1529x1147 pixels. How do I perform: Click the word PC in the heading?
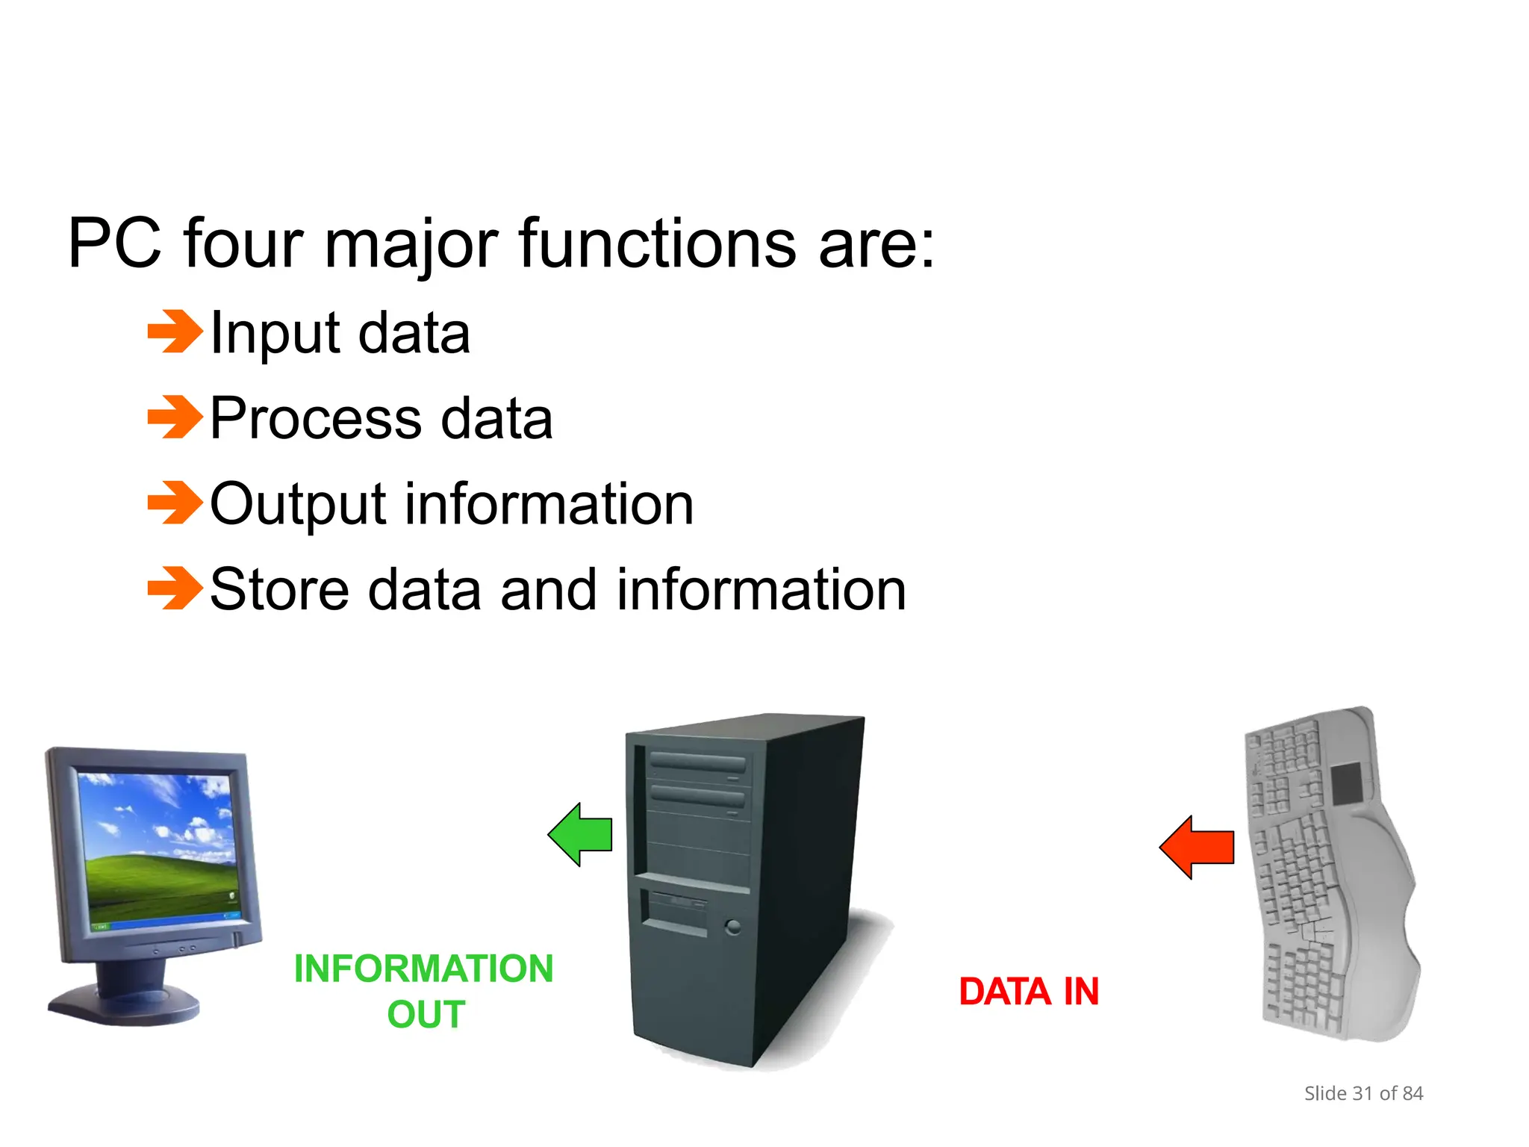coord(114,243)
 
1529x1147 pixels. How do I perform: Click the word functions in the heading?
coord(657,243)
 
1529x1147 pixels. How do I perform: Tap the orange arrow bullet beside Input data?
coord(175,331)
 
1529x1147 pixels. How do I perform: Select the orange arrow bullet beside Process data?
coord(175,417)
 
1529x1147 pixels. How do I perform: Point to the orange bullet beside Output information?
coord(175,503)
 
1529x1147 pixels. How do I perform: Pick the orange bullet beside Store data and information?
coord(175,588)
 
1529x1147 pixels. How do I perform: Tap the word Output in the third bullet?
coord(297,504)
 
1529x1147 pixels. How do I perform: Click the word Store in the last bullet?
coord(279,590)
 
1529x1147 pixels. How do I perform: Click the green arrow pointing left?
coord(581,834)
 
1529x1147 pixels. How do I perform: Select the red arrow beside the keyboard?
coord(1197,847)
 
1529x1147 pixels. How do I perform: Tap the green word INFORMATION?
coord(423,969)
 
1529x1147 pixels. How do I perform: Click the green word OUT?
coord(426,1014)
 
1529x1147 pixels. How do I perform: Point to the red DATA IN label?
coord(1029,992)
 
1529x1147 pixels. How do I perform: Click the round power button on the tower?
coord(733,927)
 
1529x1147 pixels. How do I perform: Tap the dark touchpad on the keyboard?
coord(1347,783)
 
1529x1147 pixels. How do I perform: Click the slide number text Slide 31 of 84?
coord(1363,1093)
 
